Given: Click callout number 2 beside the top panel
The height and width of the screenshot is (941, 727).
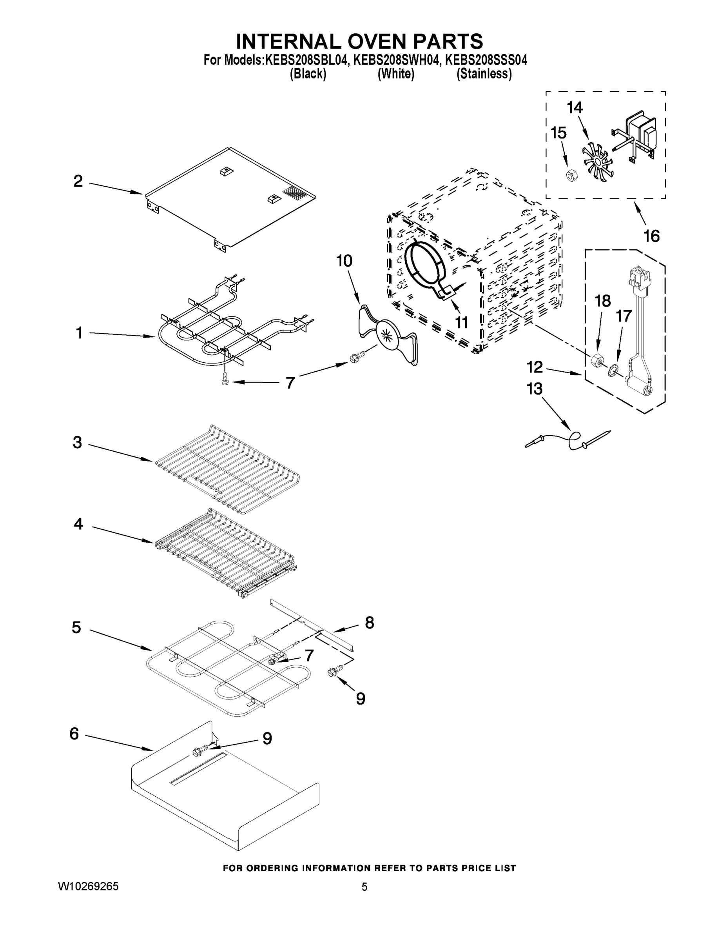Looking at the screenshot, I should click(78, 181).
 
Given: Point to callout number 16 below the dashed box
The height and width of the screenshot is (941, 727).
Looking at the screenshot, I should click(651, 236).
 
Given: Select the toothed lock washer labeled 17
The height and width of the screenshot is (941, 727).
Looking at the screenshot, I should click(613, 369).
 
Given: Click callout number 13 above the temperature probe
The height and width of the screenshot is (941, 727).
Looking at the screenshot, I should click(535, 389).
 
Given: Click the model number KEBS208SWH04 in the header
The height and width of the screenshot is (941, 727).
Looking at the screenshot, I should click(397, 60).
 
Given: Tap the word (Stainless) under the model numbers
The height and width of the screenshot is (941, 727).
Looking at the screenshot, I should click(484, 74).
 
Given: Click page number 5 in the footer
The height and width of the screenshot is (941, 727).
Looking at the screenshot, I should click(364, 887).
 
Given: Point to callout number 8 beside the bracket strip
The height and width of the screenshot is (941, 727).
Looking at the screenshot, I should click(370, 623).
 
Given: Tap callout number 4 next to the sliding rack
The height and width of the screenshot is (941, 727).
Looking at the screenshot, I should click(78, 524).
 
